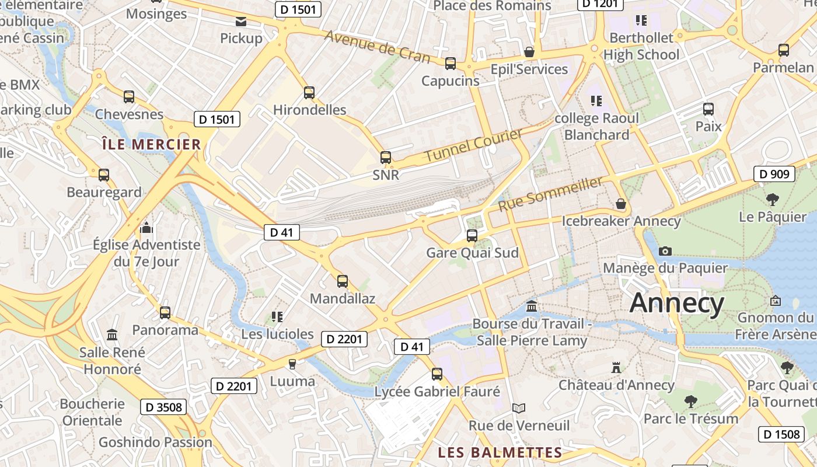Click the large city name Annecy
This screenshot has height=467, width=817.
pos(677,303)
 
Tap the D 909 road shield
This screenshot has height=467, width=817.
pos(774,174)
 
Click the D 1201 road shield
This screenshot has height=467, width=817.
pos(600,4)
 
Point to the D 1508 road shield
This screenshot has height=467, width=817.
pos(781,434)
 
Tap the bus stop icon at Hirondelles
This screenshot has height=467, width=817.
pos(309,93)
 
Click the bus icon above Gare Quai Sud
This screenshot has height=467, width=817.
pos(472,236)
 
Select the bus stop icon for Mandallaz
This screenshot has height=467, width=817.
pos(343,281)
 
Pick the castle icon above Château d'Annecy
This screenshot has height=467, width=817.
pos(616,368)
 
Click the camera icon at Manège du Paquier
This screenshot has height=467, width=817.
pos(665,251)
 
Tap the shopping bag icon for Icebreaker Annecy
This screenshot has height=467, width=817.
pos(621,204)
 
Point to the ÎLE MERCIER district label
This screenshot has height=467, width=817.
pos(151,144)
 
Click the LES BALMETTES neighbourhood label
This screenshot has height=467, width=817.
pos(500,452)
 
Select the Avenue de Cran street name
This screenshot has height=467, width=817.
pos(378,47)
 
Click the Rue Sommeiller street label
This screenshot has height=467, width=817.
pos(550,194)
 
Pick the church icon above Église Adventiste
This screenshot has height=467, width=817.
pos(146,227)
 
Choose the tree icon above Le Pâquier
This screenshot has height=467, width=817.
pos(773,200)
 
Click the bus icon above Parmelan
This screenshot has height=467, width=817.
pos(783,50)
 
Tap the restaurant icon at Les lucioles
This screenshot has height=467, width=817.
pos(277,317)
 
